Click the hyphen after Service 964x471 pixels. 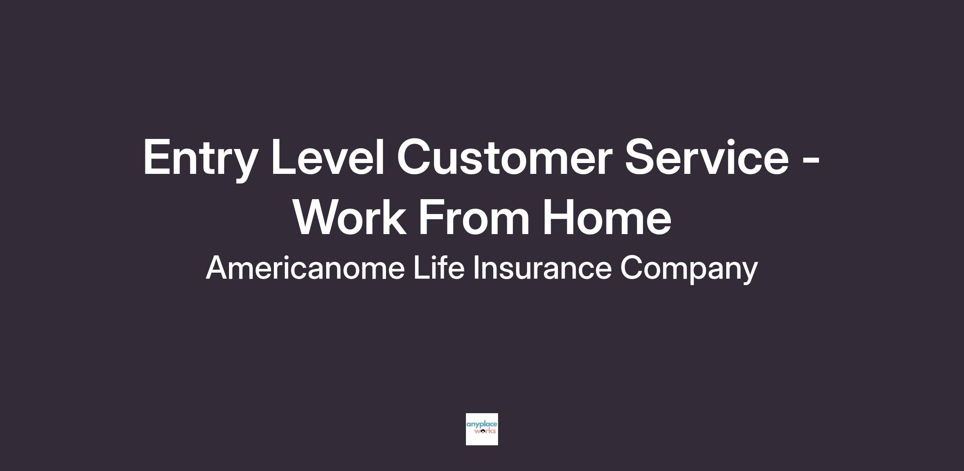810,160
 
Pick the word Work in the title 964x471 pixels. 349,217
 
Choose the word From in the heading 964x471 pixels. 474,217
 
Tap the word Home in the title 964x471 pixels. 607,217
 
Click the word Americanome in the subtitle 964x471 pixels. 305,268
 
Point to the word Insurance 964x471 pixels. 542,268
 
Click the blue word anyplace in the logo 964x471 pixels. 482,425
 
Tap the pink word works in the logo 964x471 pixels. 485,431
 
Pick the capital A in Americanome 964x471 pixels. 217,268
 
